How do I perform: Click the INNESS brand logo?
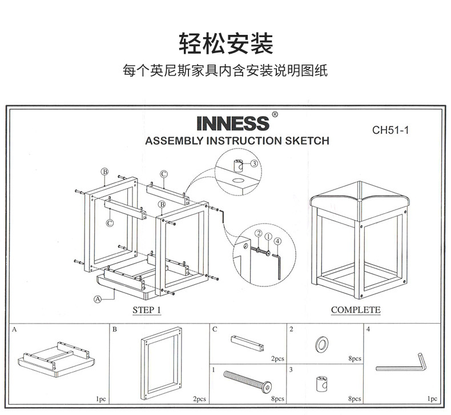(232, 123)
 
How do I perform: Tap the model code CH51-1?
(390, 130)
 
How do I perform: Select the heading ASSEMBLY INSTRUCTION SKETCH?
(237, 141)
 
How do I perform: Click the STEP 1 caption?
(147, 310)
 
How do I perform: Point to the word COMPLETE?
(355, 310)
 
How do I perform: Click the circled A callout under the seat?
(98, 298)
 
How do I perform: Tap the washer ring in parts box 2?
(321, 344)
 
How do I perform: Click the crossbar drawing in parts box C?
(247, 343)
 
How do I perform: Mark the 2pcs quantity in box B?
(199, 398)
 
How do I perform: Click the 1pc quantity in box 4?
(432, 398)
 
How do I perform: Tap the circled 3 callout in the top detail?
(254, 163)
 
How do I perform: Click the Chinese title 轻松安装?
(226, 43)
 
